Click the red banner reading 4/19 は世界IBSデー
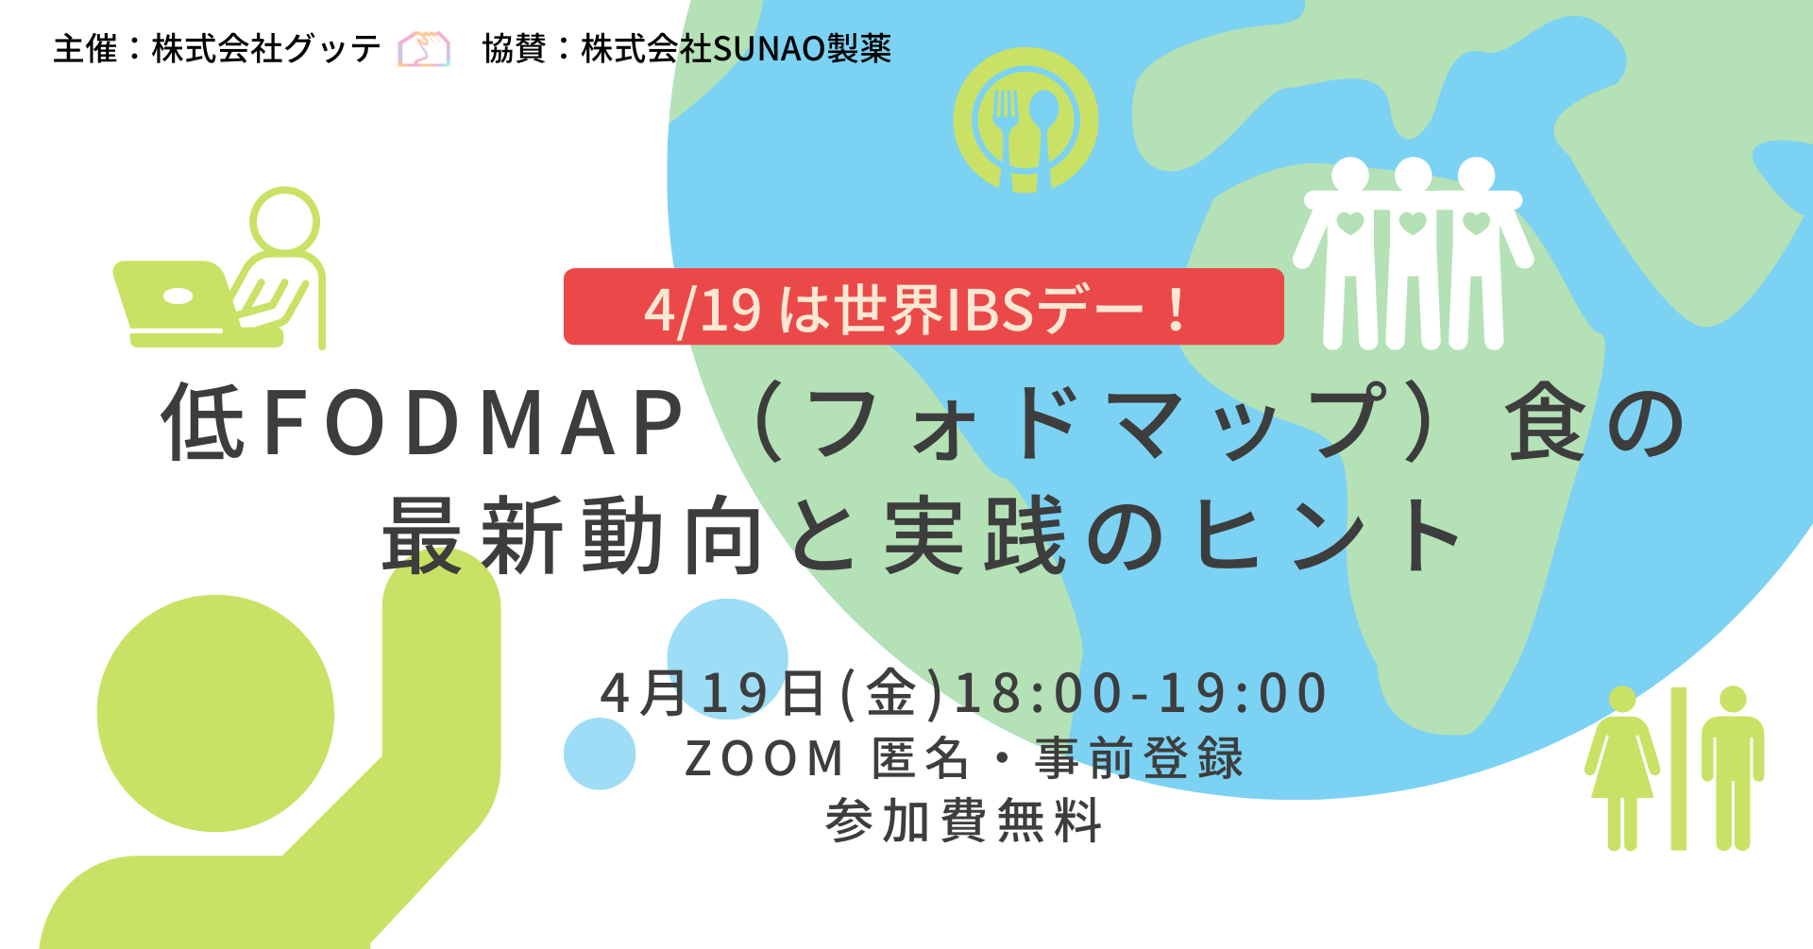[923, 307]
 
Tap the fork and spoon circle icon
[1025, 120]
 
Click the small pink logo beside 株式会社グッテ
[423, 49]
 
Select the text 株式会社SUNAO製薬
[737, 49]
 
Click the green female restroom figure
[1622, 768]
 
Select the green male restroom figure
[1733, 768]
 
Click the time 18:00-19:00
[1141, 693]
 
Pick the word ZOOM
[764, 758]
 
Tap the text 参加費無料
[963, 821]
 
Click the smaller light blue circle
[600, 754]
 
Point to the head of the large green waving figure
[215, 713]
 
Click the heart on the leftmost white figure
[1350, 224]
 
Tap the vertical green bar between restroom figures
[1679, 769]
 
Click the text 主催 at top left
[85, 49]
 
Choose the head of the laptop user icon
[284, 220]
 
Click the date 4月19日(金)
[772, 693]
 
